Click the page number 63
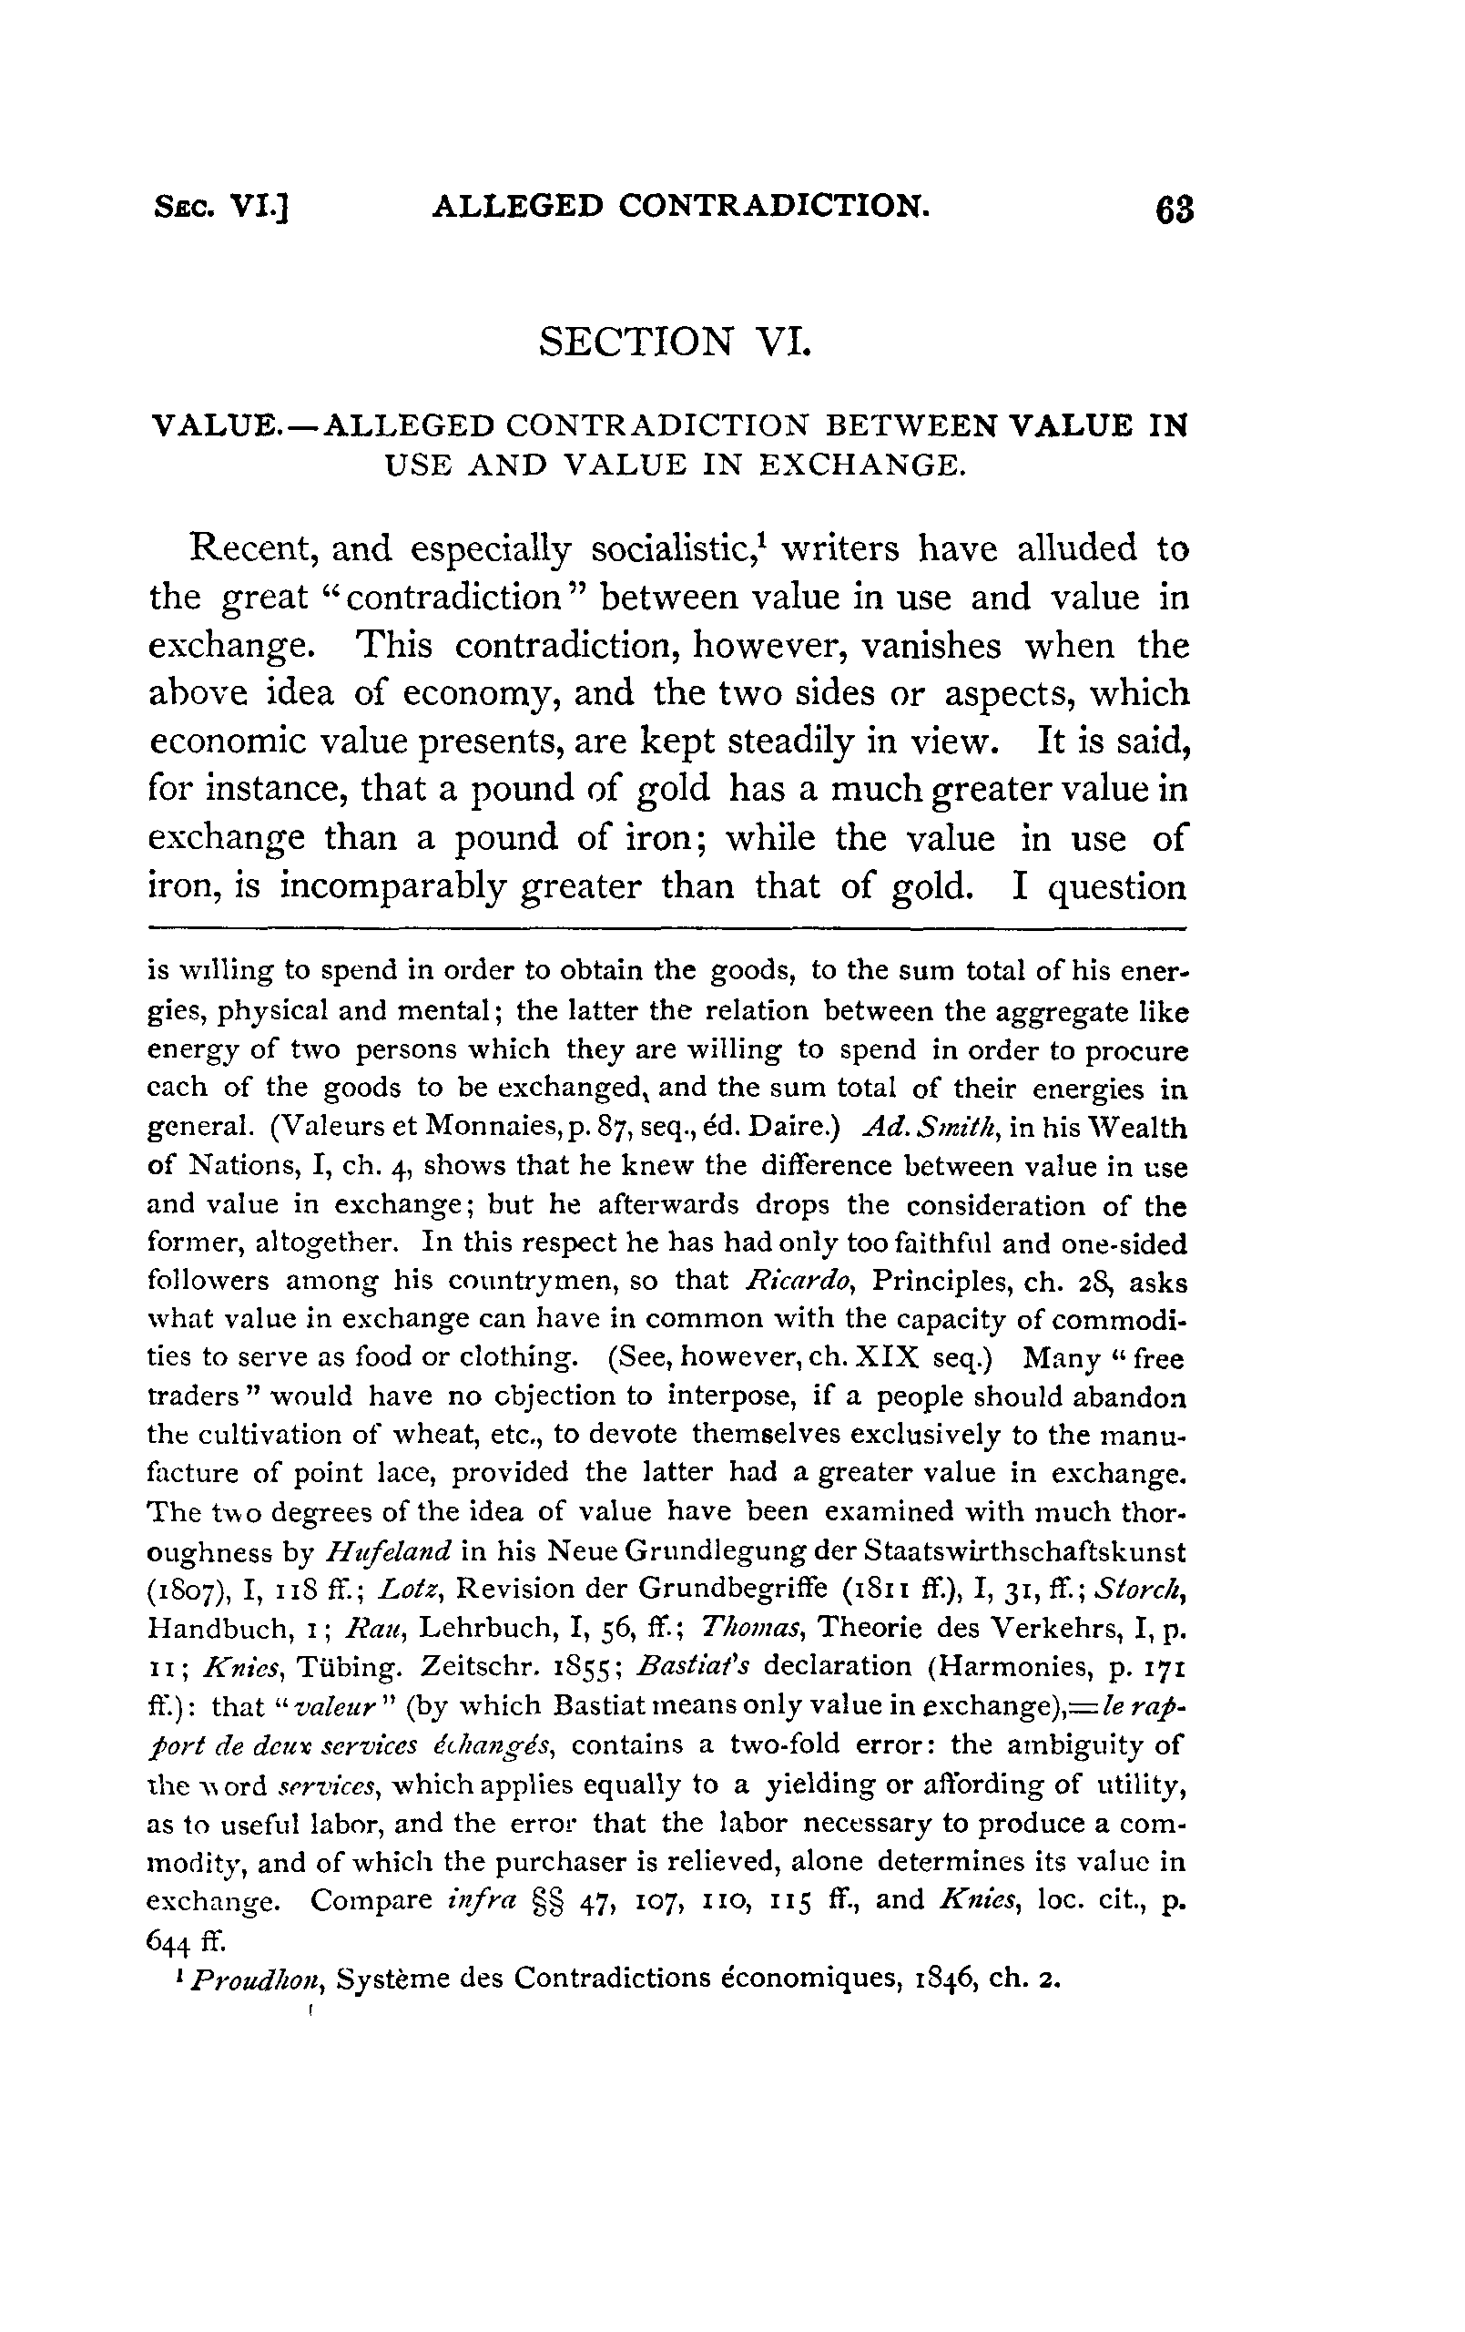click(1175, 210)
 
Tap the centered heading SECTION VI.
click(674, 342)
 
